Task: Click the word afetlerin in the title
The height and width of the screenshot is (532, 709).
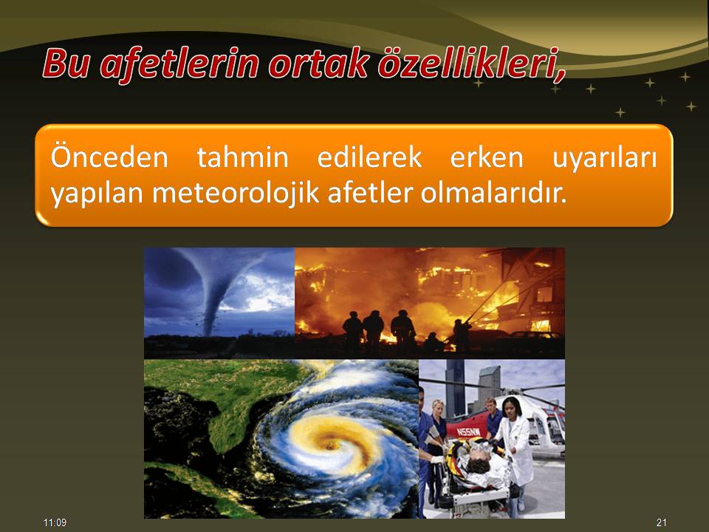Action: [x=180, y=64]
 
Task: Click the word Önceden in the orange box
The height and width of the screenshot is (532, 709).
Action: [x=109, y=156]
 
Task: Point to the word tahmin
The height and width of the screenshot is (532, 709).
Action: [x=242, y=157]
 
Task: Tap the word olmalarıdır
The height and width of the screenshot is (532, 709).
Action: [x=493, y=193]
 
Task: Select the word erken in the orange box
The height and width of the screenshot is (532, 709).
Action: [x=487, y=157]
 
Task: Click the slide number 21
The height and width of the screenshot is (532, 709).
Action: [x=662, y=522]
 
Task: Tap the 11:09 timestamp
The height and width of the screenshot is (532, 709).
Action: [x=55, y=522]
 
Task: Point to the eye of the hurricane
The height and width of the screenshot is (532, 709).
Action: [x=329, y=446]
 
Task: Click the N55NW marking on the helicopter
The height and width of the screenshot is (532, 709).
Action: [x=468, y=432]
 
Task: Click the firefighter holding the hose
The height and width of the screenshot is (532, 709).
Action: [x=462, y=335]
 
